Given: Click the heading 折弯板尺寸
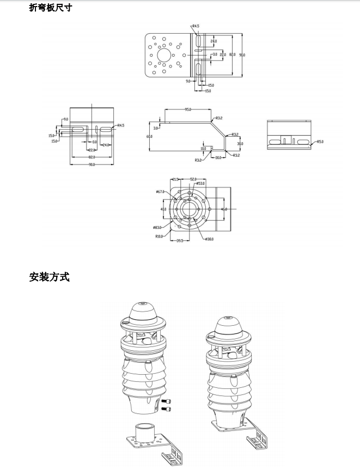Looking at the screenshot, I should point(50,8).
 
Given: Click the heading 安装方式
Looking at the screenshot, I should point(50,277).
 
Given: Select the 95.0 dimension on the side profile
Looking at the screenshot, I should point(188,109).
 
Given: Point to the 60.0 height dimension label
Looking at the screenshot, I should point(149,136).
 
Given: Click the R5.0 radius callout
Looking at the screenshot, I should point(320,142).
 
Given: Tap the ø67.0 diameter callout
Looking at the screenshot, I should point(160,192).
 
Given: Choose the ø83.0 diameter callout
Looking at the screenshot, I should point(157,227).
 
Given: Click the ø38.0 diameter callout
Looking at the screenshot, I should point(209,239).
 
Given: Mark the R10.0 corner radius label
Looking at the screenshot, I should point(159,236).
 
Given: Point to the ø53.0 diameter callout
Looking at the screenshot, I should point(200,183).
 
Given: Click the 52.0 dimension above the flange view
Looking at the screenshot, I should point(193,179).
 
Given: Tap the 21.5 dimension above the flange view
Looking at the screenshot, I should point(175,179).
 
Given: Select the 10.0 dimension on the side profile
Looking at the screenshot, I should point(203,148).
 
